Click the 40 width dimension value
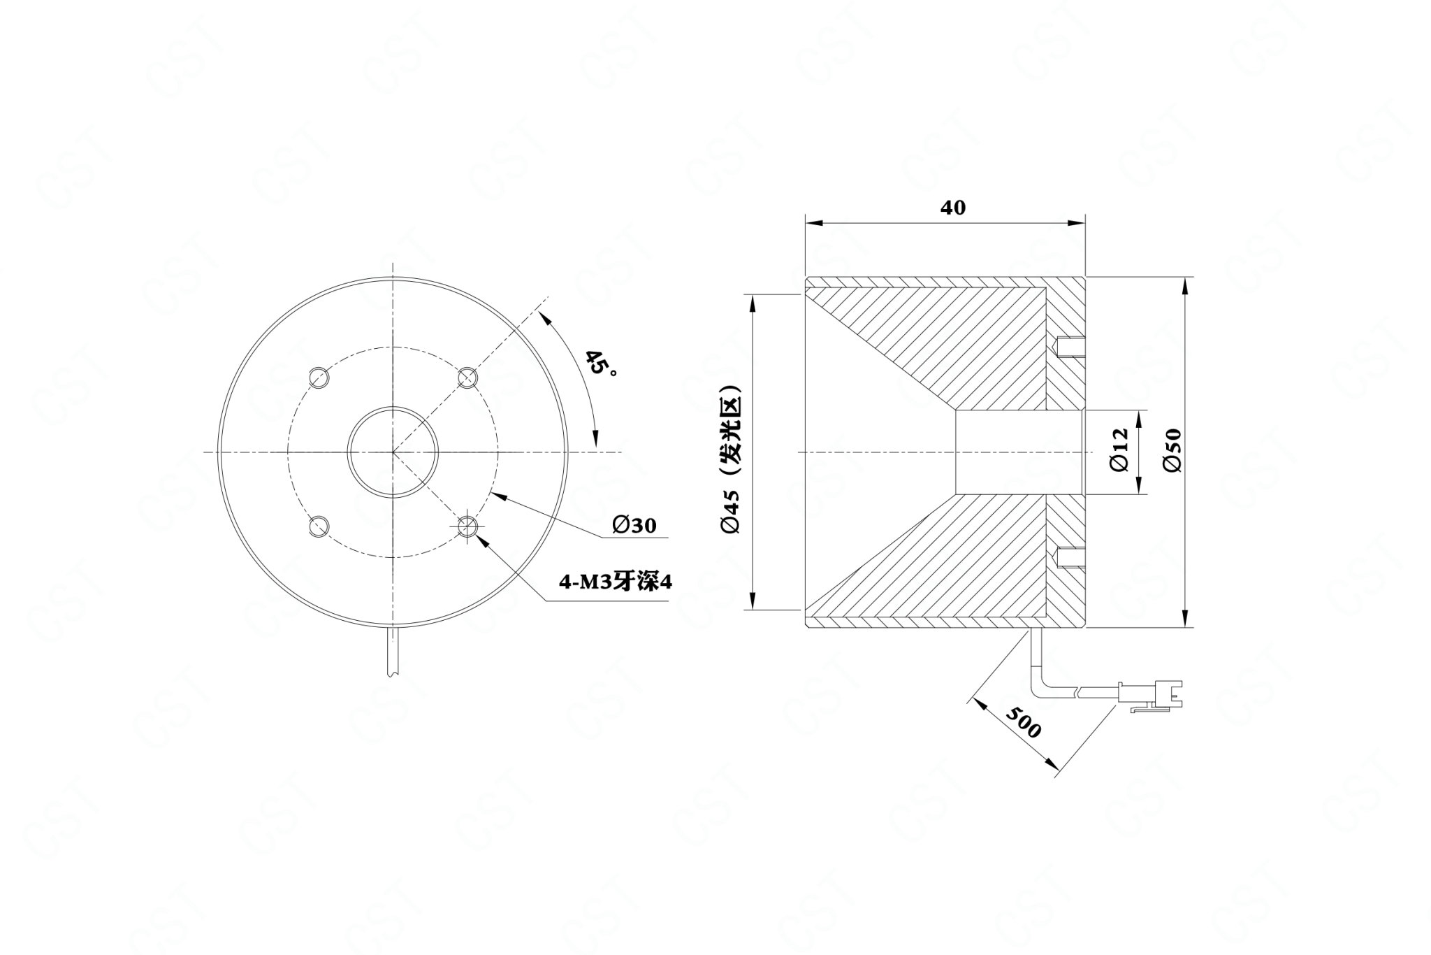click(x=953, y=208)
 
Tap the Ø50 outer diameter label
click(x=1173, y=450)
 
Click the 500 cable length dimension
click(x=1024, y=721)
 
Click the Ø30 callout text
click(x=634, y=525)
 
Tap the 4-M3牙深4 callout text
click(x=615, y=582)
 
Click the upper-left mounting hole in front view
click(x=319, y=378)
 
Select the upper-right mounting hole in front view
click(x=467, y=378)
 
